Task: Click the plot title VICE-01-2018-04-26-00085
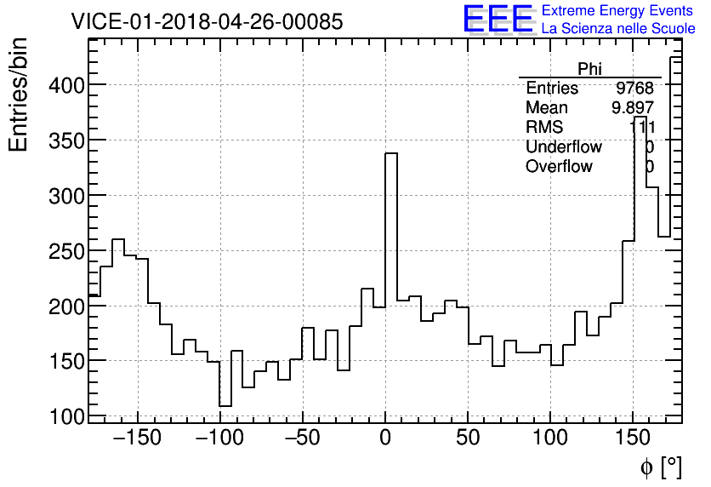tap(207, 21)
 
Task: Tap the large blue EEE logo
tap(498, 19)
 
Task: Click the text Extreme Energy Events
tap(617, 11)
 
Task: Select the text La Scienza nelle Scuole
tap(617, 29)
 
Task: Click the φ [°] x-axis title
tap(660, 467)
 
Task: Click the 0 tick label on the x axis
tap(385, 439)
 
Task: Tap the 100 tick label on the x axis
tap(550, 439)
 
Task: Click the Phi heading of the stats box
tap(589, 69)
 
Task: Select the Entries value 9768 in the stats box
tap(634, 89)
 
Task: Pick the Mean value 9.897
tap(632, 108)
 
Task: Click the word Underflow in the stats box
tap(563, 147)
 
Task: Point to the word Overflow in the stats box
tap(559, 167)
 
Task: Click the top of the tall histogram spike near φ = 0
tap(391, 154)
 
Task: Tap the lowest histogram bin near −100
tap(225, 405)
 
